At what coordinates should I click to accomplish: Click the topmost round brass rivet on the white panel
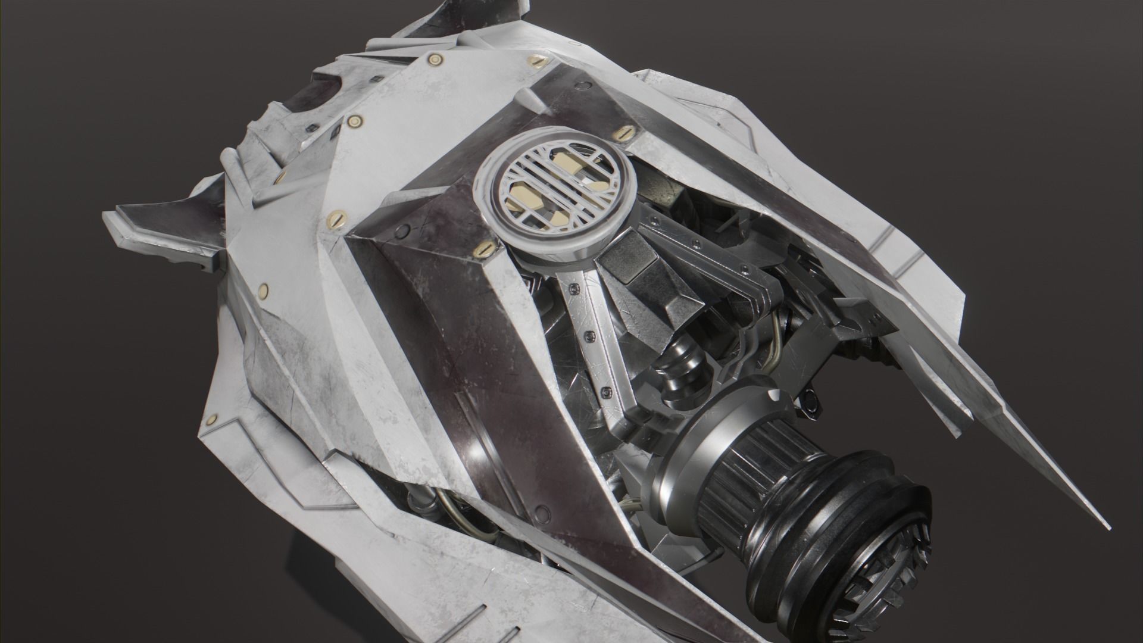point(434,59)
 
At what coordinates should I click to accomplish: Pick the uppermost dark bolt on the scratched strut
point(573,288)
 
